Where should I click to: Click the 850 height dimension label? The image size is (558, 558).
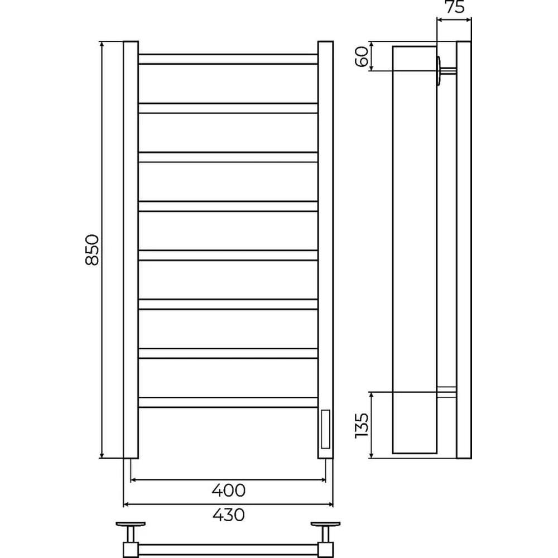[x=92, y=249]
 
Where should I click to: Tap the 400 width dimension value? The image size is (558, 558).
[x=228, y=490]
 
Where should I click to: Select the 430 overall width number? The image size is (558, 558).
[x=228, y=514]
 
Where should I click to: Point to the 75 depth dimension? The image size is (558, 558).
[x=454, y=7]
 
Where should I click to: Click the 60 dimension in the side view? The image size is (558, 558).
[x=362, y=56]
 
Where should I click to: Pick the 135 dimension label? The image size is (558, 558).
[x=362, y=425]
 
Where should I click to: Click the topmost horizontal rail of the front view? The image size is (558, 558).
[x=228, y=59]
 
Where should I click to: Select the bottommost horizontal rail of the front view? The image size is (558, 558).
[x=228, y=402]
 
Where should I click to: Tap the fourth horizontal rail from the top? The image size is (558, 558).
[x=228, y=206]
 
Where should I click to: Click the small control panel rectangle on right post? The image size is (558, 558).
[x=325, y=429]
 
